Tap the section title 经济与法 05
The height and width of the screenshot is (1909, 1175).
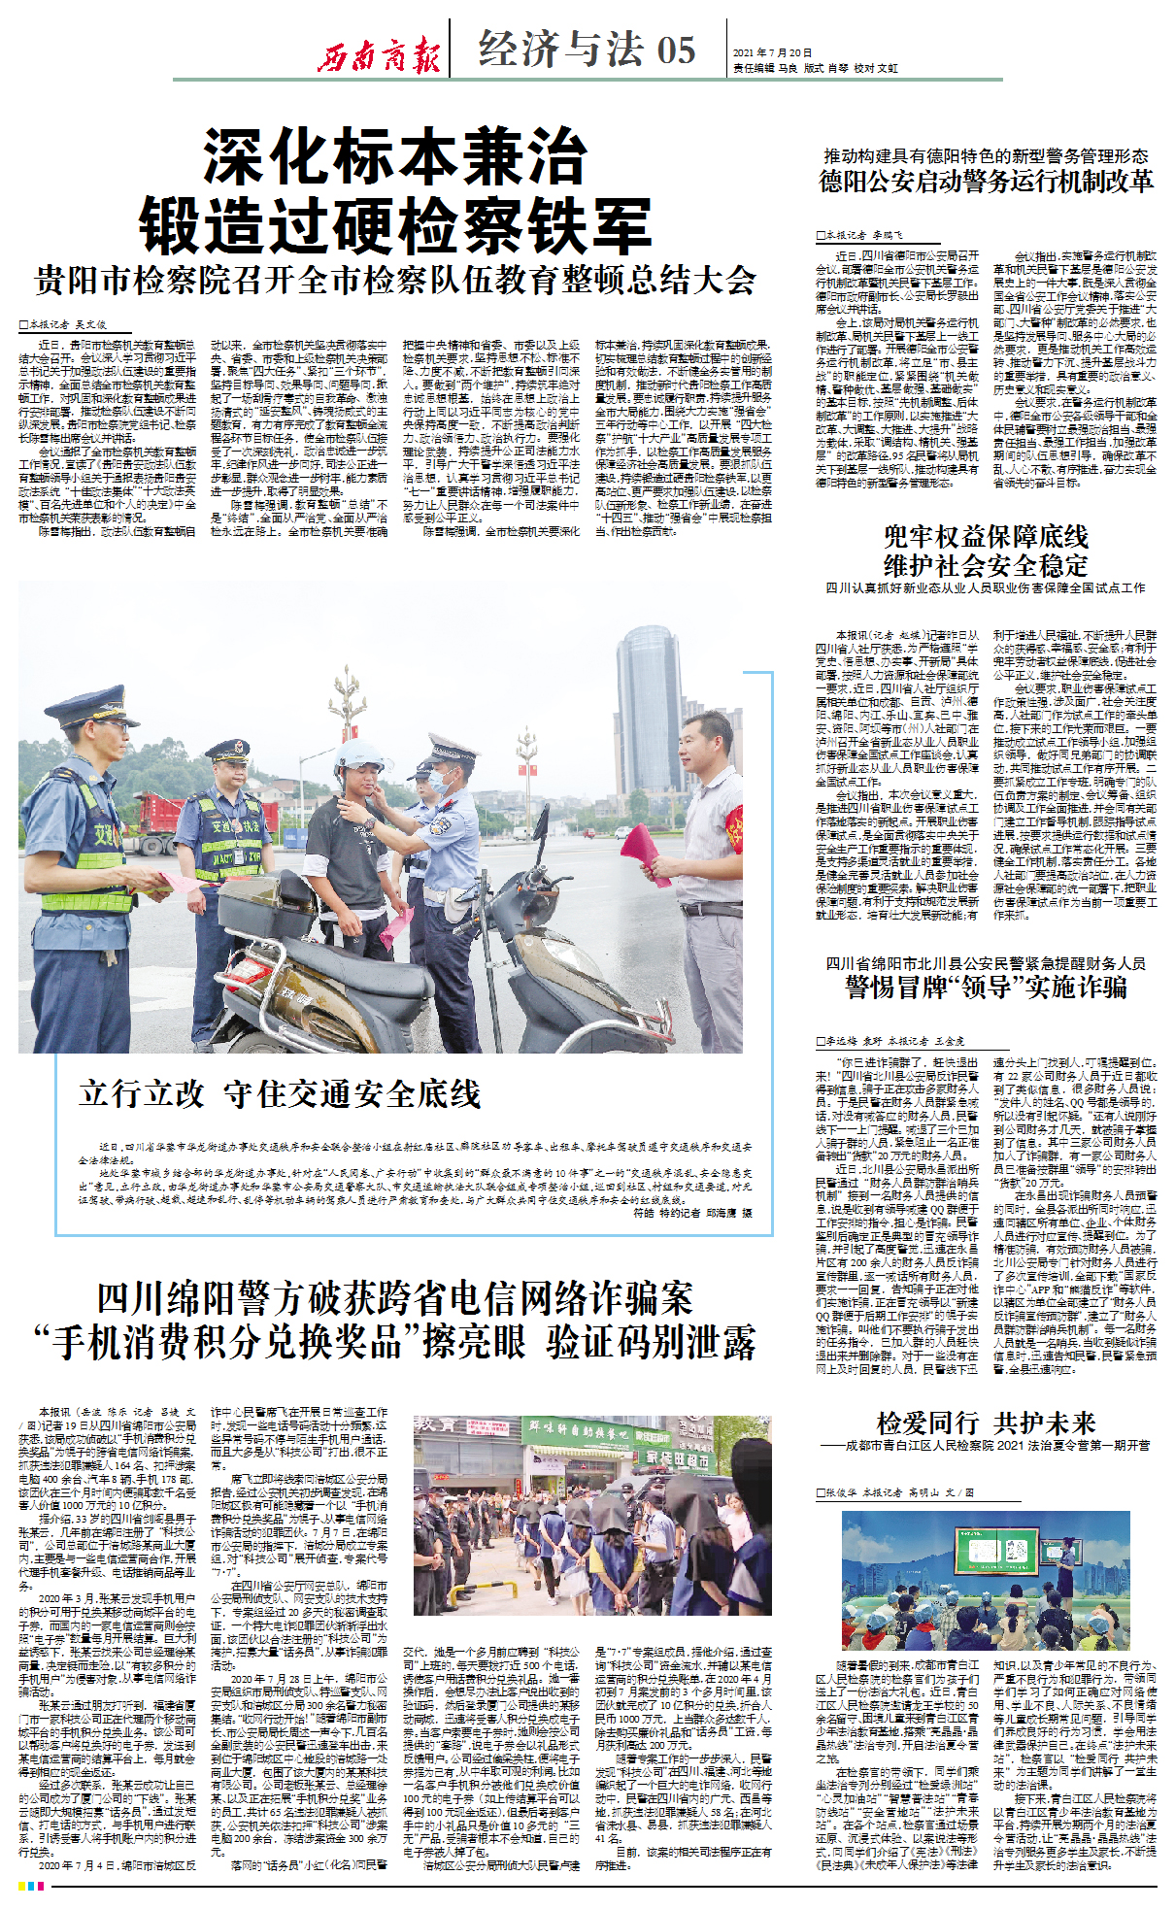coord(587,49)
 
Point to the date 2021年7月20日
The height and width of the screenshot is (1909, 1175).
coord(773,52)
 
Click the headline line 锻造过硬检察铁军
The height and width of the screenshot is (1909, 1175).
coord(395,226)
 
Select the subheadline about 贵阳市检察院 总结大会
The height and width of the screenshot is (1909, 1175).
coord(395,281)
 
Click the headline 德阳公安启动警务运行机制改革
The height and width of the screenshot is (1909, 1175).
coord(986,182)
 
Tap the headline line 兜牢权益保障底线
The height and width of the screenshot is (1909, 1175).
coord(986,536)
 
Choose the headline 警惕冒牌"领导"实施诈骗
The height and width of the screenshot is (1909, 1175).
coord(986,988)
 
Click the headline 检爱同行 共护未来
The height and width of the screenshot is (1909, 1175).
coord(986,1423)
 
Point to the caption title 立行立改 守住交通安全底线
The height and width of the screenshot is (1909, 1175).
coord(280,1094)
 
